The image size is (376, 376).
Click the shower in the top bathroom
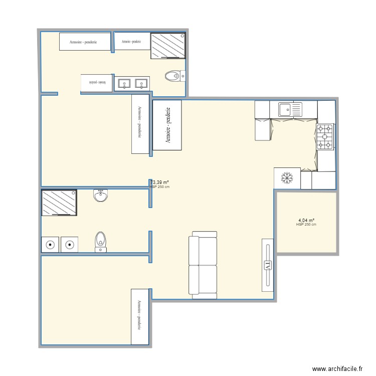[x=168, y=46]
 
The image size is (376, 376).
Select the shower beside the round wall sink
[x=59, y=203]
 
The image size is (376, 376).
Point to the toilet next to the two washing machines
[x=101, y=241]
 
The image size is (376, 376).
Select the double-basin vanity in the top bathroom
[x=132, y=84]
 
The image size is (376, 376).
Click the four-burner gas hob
[x=325, y=137]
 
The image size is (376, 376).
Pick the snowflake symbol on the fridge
[x=287, y=178]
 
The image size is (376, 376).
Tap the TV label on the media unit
[x=268, y=265]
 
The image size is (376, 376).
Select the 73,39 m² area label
[x=159, y=182]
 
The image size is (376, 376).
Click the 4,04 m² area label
[x=306, y=221]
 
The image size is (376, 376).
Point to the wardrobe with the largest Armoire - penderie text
[x=167, y=125]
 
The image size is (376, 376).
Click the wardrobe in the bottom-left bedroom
[x=140, y=316]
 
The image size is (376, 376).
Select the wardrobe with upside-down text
[x=96, y=83]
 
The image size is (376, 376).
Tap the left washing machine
[x=50, y=245]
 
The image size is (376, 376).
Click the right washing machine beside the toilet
[x=69, y=245]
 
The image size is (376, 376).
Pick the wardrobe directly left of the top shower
[x=132, y=42]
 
